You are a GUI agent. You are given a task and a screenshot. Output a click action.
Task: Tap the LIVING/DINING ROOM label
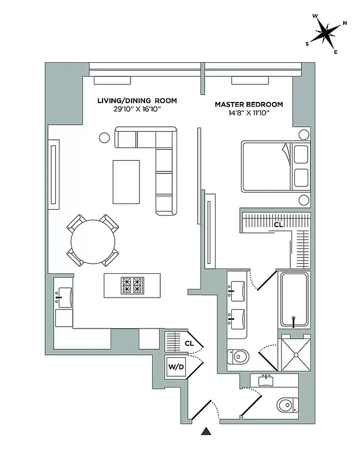[x=137, y=101]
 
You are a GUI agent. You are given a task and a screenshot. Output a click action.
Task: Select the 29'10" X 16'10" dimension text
[x=137, y=109]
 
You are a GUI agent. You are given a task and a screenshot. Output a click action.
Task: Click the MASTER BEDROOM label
[x=249, y=105]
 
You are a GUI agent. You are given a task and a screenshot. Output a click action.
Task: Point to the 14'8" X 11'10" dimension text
[x=249, y=113]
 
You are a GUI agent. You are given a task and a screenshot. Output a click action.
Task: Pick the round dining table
[x=93, y=240]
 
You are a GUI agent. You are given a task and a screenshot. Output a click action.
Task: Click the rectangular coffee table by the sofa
[x=126, y=181]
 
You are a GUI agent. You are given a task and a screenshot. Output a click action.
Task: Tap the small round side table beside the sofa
[x=105, y=138]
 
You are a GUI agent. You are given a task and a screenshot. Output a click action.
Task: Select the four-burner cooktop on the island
[x=132, y=285]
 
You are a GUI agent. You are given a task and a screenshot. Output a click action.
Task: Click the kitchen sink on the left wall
[x=63, y=295]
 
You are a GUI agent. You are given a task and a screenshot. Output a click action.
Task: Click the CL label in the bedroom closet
[x=278, y=224]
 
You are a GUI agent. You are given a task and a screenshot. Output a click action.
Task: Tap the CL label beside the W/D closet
[x=189, y=343]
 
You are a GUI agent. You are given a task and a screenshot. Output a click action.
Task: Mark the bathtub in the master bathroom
[x=295, y=300]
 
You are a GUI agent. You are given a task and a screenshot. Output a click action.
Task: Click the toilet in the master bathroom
[x=239, y=356]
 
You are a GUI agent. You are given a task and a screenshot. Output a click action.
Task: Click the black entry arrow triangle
[x=206, y=432]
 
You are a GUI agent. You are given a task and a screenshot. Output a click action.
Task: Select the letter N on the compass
[x=345, y=23]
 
